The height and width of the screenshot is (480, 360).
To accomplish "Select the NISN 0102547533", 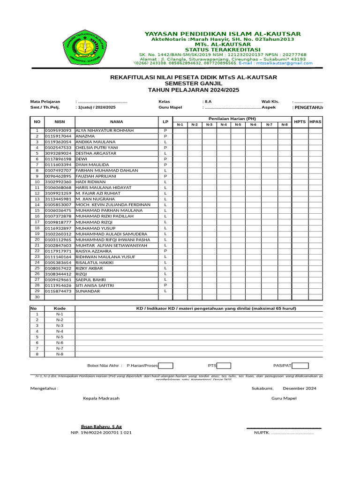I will point(58,148).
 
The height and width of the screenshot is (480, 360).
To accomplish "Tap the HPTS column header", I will point(300,121).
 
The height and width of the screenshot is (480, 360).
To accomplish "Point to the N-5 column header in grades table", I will point(238,125).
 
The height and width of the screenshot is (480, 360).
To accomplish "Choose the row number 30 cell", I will point(37,297).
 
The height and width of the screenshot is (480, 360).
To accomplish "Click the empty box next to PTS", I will point(224,366).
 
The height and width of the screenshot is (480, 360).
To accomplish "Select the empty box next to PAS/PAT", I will point(300,366).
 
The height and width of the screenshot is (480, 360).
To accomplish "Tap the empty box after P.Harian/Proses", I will point(166,366).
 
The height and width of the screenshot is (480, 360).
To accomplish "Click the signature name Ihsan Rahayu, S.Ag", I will point(101,426).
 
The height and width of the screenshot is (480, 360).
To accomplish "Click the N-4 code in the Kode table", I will point(60,331).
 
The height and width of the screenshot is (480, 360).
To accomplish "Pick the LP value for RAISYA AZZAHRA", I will point(165,251).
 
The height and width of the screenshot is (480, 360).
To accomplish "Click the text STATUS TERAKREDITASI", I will point(223,49).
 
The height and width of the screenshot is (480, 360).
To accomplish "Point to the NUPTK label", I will point(262,433).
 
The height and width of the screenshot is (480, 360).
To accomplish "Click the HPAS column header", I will point(315,121).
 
